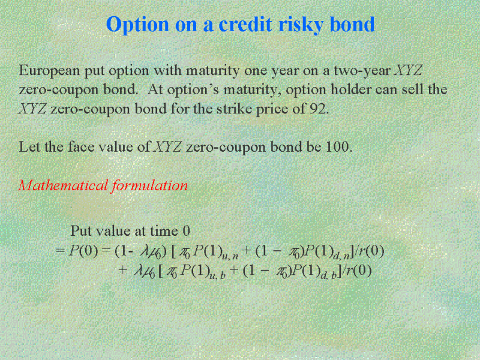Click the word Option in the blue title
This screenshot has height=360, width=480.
137,25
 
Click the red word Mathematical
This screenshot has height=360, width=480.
63,185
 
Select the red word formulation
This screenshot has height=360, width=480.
149,185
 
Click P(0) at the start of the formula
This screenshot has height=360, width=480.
83,251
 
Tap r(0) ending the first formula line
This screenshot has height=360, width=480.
371,251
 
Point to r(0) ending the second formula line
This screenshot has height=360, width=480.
359,271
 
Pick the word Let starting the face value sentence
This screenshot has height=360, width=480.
29,146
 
